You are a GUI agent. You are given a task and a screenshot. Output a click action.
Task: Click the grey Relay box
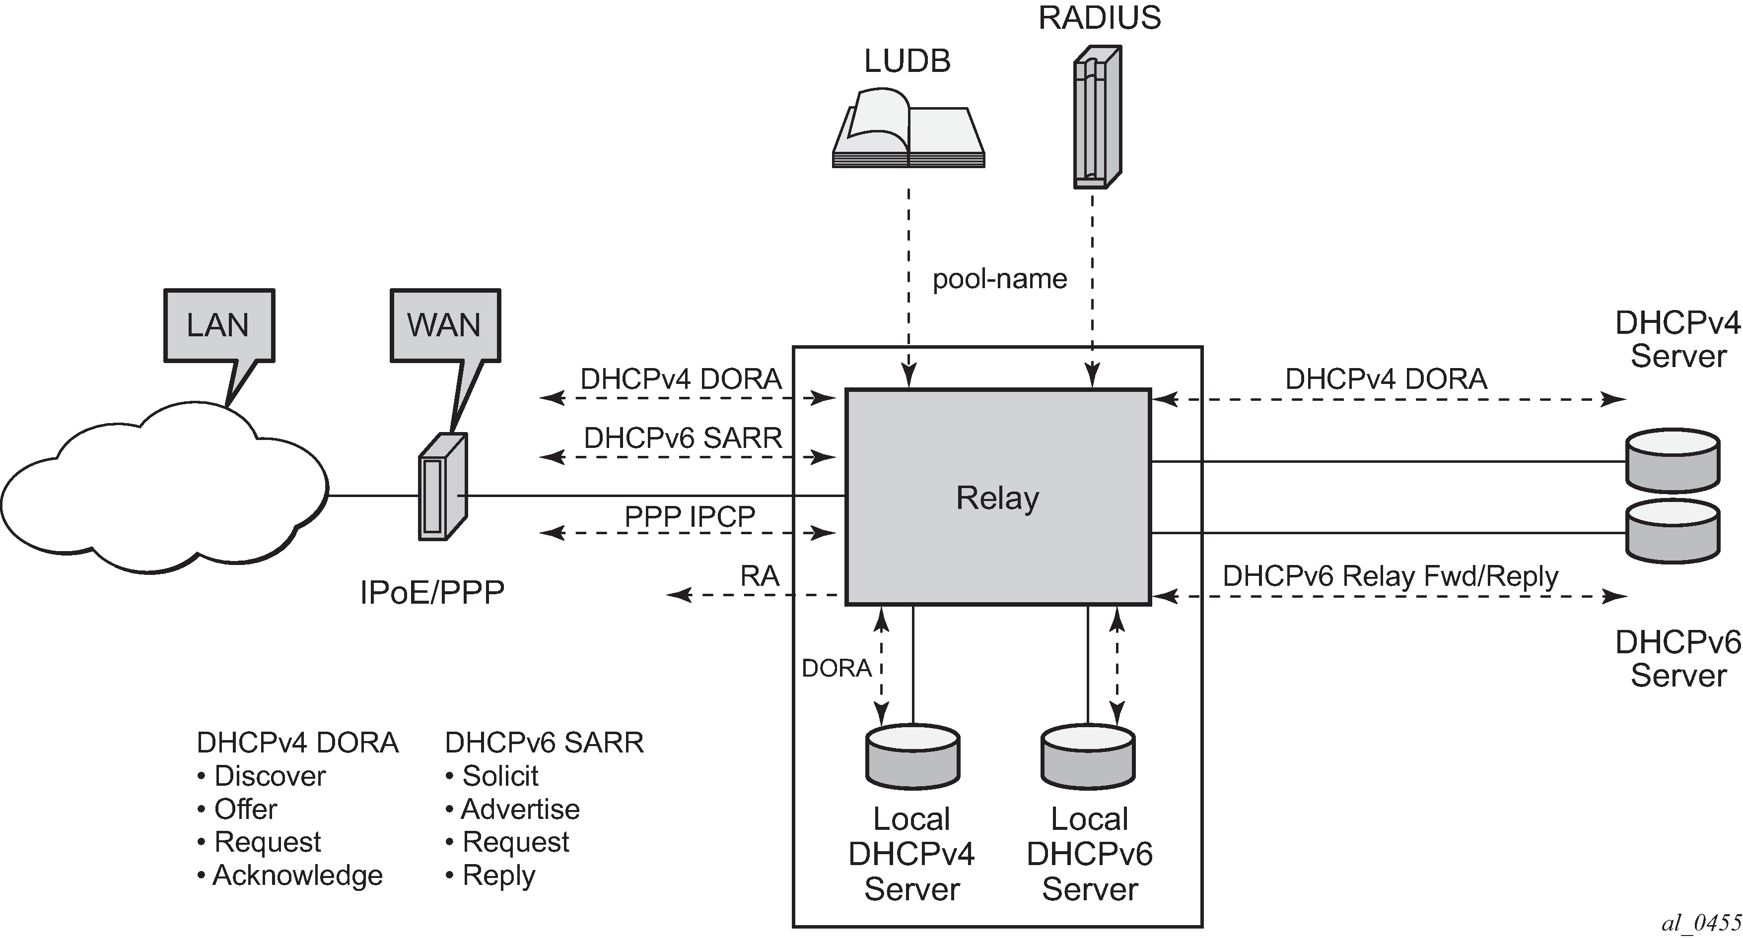[x=998, y=497]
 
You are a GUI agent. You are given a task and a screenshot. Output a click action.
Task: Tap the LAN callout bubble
[x=218, y=325]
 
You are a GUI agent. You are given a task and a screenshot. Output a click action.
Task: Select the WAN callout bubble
[x=444, y=325]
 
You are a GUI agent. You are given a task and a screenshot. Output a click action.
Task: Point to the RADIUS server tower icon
[x=1097, y=117]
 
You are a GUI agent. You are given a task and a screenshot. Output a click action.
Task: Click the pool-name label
[x=999, y=279]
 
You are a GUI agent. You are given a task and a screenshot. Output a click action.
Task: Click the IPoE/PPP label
[x=432, y=592]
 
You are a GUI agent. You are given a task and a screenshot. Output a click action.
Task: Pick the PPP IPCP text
[x=690, y=517]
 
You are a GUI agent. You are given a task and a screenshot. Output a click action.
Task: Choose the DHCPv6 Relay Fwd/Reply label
[x=1391, y=576]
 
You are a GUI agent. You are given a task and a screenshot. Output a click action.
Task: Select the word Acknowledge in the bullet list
[x=298, y=875]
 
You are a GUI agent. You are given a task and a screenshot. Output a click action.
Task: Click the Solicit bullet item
[x=500, y=776]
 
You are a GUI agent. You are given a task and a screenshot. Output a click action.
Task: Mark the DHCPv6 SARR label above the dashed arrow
[x=683, y=438]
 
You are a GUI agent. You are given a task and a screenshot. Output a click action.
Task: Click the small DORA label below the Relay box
[x=837, y=668]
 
